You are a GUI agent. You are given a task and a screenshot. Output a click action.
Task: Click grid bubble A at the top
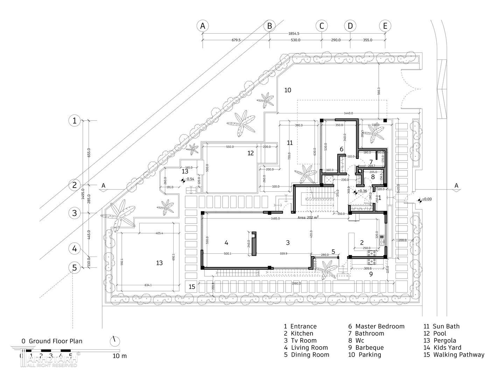(202, 26)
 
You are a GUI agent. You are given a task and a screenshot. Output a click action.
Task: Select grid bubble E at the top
(385, 26)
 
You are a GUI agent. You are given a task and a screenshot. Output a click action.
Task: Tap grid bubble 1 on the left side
(74, 121)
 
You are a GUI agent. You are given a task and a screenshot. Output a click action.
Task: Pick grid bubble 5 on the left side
(74, 268)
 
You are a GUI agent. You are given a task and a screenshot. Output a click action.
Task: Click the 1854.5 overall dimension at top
(294, 34)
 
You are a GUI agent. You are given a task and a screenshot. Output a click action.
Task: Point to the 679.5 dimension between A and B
(236, 40)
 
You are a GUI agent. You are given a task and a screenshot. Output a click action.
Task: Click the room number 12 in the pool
(250, 153)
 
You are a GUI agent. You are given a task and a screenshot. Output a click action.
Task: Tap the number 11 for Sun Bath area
(289, 143)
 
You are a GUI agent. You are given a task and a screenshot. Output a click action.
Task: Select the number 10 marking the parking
(288, 90)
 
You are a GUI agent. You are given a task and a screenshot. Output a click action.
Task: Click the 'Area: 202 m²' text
(308, 217)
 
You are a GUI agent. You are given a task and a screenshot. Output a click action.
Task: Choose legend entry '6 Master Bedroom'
(376, 327)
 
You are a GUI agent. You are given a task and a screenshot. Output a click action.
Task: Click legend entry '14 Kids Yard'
(442, 348)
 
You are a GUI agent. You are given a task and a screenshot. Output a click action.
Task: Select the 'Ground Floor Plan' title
(56, 341)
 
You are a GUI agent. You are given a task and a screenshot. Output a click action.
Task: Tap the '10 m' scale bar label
(120, 356)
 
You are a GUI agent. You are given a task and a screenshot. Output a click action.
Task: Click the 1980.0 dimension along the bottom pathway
(296, 283)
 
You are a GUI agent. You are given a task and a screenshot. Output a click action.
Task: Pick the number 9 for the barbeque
(371, 274)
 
